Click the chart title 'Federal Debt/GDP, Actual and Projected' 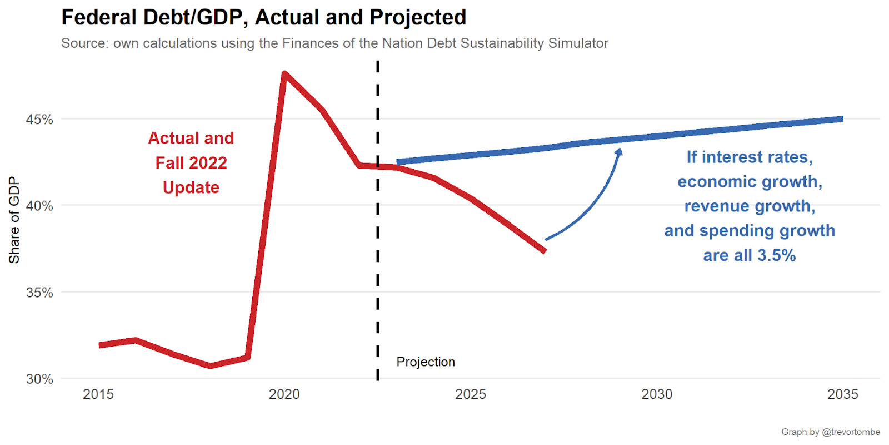[263, 17]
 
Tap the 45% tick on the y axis [39, 120]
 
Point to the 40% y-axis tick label [39, 206]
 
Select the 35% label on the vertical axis [39, 293]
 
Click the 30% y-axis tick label [39, 379]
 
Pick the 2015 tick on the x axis [98, 394]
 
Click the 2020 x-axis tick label [284, 394]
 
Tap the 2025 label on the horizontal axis [471, 394]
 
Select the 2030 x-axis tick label [657, 394]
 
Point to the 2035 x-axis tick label [843, 394]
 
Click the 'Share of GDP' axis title [14, 220]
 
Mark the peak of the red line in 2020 [284, 73]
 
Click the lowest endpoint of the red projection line [545, 251]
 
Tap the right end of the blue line [842, 119]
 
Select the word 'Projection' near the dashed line [426, 362]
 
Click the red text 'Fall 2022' [191, 163]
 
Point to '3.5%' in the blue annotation [776, 255]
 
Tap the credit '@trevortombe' [851, 432]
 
